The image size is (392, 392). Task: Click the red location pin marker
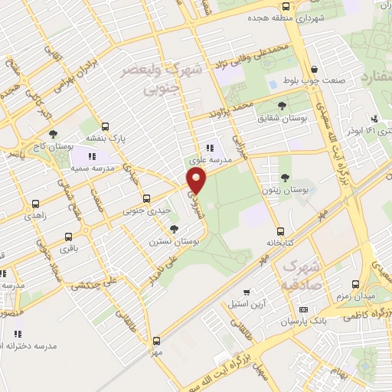click(197, 181)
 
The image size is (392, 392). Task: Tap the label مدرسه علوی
click(207, 161)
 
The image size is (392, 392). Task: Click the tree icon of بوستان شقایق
click(283, 106)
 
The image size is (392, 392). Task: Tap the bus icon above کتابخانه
click(280, 230)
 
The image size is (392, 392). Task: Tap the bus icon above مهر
click(156, 341)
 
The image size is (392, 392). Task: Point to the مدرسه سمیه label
click(93, 167)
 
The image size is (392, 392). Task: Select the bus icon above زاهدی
click(35, 204)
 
